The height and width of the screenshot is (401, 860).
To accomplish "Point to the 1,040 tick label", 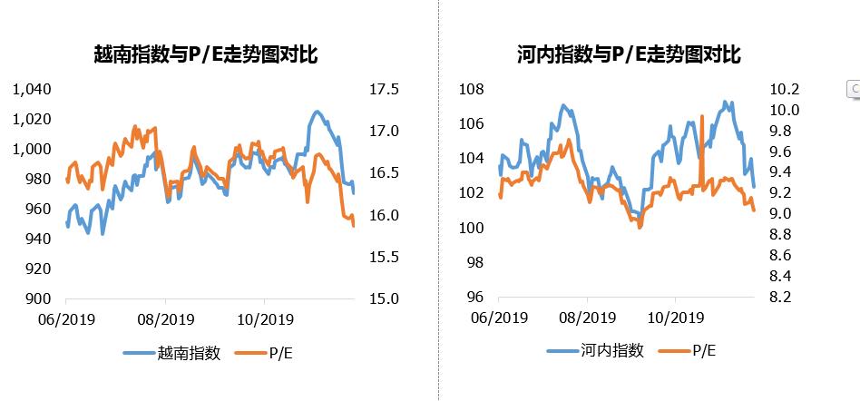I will [32, 89].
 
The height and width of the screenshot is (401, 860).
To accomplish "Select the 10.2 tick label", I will [784, 89].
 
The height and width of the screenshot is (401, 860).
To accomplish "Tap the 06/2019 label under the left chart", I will [66, 318].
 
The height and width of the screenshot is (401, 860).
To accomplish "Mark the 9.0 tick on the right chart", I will [784, 213].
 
